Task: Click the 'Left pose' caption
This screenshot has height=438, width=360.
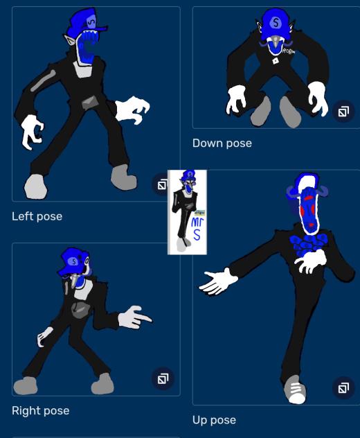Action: pos(37,216)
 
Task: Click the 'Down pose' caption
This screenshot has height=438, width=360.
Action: pos(222,143)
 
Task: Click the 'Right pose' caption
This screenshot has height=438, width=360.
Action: pos(40,410)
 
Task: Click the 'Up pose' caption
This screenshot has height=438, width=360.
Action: pos(214,420)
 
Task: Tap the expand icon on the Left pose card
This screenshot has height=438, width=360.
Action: pos(162,184)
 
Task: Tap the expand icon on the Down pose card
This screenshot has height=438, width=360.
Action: pos(343,111)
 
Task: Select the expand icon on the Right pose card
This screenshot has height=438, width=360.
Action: pos(163,378)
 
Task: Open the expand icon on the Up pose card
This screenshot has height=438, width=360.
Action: pos(343,388)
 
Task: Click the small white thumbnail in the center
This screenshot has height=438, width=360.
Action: pos(187,211)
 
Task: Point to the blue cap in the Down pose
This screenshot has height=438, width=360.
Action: pos(276,21)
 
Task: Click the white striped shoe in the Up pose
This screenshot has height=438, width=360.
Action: pos(296,392)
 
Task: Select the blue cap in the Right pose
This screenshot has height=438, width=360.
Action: pos(71,261)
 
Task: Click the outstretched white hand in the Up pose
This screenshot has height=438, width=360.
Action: pos(219,281)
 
